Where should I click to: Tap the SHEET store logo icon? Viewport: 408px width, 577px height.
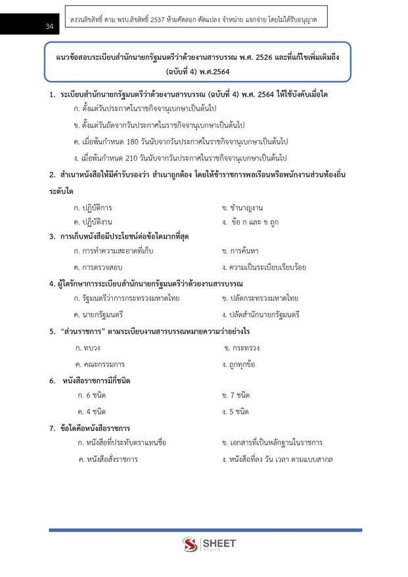click(x=190, y=545)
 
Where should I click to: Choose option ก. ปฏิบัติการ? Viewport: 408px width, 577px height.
click(x=93, y=208)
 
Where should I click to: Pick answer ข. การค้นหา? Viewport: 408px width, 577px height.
click(x=240, y=250)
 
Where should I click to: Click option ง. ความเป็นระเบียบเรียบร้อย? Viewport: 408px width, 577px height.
click(x=264, y=267)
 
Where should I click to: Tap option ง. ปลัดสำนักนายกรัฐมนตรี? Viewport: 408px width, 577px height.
click(x=261, y=315)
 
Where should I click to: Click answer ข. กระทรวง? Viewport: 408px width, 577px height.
click(x=242, y=347)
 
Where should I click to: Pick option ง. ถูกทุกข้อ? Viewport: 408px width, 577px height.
click(x=239, y=363)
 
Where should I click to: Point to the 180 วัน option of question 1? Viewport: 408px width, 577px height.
click(x=181, y=141)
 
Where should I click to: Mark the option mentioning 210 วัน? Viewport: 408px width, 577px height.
click(x=181, y=158)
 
